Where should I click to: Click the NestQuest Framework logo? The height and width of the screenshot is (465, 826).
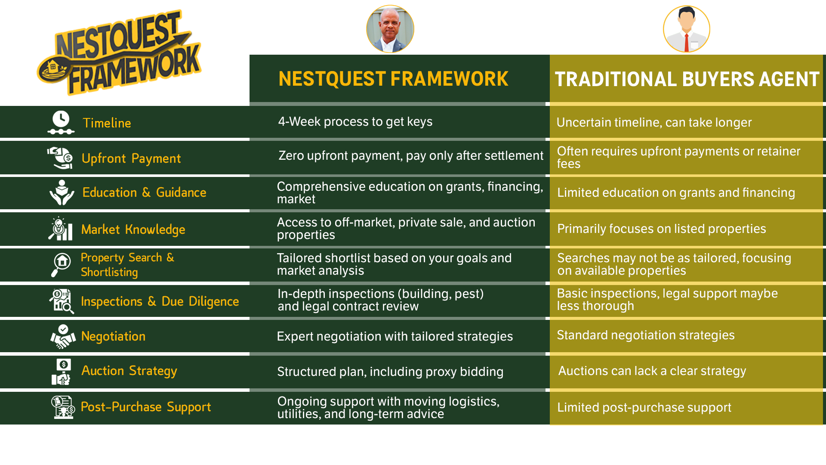tap(119, 53)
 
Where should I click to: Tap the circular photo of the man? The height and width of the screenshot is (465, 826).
tap(390, 29)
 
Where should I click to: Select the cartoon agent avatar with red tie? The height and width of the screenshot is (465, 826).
tap(687, 29)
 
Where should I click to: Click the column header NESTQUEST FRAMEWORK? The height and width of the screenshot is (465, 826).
tap(393, 79)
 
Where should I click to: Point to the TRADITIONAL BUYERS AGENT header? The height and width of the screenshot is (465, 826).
tap(687, 79)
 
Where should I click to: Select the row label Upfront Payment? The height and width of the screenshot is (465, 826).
tap(131, 158)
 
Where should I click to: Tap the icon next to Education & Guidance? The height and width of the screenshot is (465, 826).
tap(62, 192)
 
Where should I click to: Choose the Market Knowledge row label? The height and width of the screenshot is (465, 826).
tap(133, 229)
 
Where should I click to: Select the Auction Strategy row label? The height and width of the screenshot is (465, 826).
tap(129, 371)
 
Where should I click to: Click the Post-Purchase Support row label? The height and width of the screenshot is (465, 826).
tap(146, 407)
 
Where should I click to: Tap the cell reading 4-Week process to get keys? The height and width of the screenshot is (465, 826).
tap(355, 121)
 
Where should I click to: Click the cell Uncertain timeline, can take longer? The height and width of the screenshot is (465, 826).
tap(654, 122)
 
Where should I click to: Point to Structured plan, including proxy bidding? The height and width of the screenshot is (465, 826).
tap(390, 372)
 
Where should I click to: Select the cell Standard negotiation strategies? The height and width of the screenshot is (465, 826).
tap(646, 335)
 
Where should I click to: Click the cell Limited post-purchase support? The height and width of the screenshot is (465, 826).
tap(644, 407)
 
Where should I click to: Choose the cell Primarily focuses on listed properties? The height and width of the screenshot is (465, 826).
tap(662, 229)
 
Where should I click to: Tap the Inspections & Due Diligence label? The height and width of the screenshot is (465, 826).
tap(160, 301)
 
